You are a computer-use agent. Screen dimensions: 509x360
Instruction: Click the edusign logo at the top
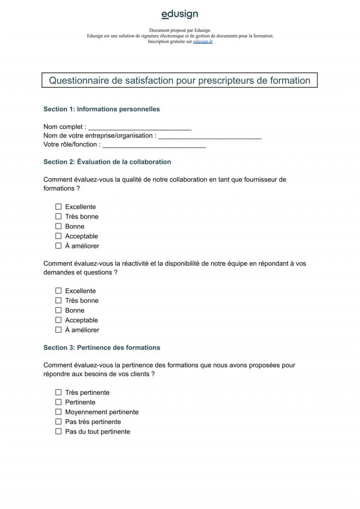(x=180, y=15)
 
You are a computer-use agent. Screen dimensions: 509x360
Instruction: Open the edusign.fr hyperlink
(x=203, y=42)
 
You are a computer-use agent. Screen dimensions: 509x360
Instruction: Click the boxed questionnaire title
(x=180, y=80)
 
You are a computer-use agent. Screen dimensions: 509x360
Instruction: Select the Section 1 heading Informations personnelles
(x=101, y=109)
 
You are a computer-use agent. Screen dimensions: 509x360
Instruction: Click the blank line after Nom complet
(x=140, y=127)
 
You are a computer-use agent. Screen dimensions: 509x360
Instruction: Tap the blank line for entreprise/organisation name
(x=210, y=136)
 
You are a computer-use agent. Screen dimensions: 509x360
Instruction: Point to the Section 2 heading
(x=107, y=162)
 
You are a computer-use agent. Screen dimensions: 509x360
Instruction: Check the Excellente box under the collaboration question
(x=59, y=206)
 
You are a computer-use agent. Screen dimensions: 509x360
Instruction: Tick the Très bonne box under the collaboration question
(x=59, y=216)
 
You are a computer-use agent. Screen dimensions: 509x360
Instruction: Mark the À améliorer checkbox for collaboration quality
(x=59, y=245)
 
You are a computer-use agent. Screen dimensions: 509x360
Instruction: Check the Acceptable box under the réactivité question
(x=59, y=320)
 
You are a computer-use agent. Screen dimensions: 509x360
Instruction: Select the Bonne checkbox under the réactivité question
(x=59, y=310)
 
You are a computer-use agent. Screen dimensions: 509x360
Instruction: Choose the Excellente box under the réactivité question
(x=59, y=290)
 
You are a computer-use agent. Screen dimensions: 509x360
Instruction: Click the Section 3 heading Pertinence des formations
(x=101, y=348)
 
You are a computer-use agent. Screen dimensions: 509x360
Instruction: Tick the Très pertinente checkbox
(x=59, y=392)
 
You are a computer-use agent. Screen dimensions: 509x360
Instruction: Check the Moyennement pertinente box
(x=59, y=412)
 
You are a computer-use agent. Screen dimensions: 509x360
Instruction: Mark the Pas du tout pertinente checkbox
(x=59, y=431)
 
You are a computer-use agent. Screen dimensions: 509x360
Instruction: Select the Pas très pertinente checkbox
(x=59, y=421)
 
